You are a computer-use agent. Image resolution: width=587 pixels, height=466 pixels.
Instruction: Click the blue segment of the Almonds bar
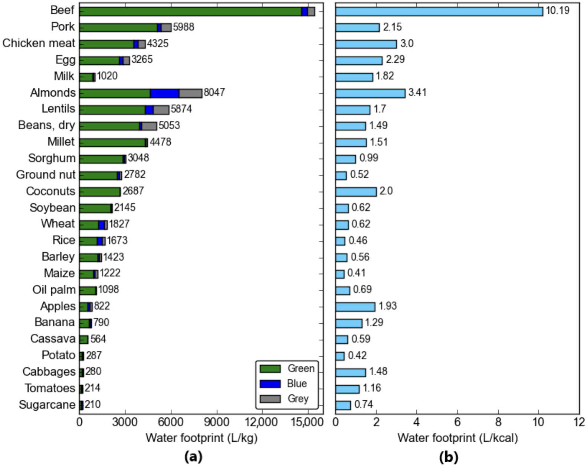point(165,93)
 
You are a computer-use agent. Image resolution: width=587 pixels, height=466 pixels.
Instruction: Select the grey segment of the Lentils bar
point(161,110)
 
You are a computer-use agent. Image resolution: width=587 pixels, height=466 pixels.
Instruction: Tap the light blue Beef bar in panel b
point(439,11)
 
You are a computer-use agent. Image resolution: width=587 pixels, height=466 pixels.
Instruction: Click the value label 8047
point(214,93)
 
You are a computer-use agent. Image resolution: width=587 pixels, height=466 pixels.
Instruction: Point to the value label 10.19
point(557,10)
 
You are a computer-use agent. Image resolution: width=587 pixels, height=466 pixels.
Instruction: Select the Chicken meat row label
point(39,43)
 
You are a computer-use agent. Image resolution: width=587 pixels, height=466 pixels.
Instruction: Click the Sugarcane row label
point(47,405)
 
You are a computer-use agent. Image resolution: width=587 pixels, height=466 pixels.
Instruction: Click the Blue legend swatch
point(270,384)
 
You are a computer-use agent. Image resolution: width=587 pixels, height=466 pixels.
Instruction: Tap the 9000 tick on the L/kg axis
point(217,422)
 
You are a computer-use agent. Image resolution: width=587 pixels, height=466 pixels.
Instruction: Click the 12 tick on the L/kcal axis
point(579,422)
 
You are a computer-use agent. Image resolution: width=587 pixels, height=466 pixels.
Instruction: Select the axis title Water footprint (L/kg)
point(201,438)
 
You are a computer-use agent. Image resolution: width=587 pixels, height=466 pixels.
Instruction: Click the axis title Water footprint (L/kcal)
point(457,438)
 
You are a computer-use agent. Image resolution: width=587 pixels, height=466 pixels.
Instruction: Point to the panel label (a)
point(193,457)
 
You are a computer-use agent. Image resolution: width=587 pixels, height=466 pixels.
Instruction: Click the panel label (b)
point(449,457)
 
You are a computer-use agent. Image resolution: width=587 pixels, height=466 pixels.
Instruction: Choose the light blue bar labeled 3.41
point(370,93)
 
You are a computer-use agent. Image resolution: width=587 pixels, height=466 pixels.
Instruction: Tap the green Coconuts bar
point(99,192)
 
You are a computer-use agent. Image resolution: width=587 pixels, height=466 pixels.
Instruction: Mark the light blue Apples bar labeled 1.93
point(355,307)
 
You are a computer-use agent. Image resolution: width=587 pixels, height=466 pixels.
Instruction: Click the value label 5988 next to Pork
point(183,27)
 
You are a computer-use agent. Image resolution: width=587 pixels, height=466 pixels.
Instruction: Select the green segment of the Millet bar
point(112,143)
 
